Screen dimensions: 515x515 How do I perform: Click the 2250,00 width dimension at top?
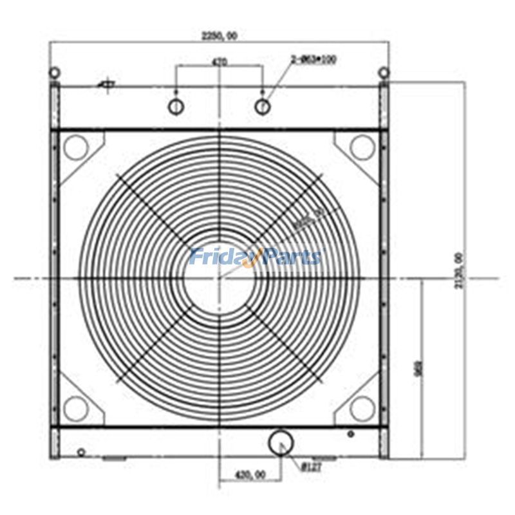pos(220,36)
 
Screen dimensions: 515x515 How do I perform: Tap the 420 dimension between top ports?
pos(220,63)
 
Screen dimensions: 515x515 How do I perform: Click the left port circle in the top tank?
pos(176,106)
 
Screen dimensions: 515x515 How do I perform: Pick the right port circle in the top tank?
pos(262,106)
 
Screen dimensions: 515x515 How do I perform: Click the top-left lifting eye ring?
pos(55,72)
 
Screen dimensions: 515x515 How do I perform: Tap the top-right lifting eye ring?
pos(384,72)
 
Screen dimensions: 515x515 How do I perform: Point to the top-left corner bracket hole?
pos(75,147)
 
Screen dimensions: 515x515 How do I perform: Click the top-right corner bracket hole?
pos(362,147)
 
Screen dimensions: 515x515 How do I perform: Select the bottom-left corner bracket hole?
pos(75,408)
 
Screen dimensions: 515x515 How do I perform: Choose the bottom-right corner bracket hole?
pos(362,408)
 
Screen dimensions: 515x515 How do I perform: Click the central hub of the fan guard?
pos(220,278)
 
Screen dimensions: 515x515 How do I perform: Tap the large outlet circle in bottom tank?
pos(281,442)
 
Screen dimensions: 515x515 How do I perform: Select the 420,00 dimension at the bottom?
pos(250,474)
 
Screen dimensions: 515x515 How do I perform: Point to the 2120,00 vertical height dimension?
pos(459,270)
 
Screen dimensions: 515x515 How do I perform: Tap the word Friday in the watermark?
pos(222,257)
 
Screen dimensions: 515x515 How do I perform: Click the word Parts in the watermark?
pos(290,257)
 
